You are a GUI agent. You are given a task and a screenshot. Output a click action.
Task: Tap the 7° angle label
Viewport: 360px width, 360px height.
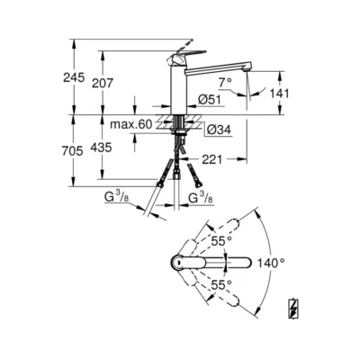point(226,81)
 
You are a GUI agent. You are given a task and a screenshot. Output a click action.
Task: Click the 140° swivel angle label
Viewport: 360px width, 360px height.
point(271,264)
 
